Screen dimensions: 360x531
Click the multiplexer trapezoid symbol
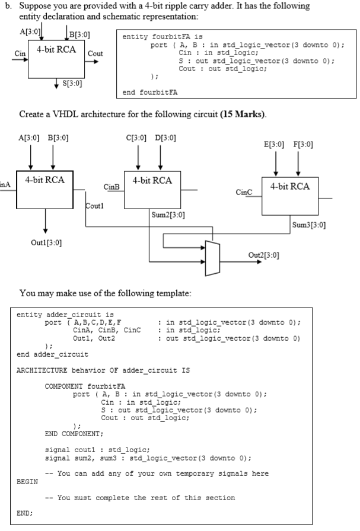(212, 258)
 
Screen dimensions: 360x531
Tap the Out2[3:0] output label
(264, 255)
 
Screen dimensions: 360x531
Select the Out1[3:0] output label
(46, 243)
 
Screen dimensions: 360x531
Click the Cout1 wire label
(94, 206)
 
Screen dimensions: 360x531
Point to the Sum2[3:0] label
(168, 215)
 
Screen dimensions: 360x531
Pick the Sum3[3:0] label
(309, 225)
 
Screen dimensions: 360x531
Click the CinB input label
(111, 187)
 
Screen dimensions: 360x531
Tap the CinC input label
(244, 193)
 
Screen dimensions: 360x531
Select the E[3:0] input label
(274, 144)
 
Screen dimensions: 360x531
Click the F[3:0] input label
(303, 144)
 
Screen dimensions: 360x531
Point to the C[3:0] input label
(136, 138)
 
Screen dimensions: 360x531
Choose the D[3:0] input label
(165, 138)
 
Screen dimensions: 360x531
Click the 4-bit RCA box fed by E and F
(290, 196)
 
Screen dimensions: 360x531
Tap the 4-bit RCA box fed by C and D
(152, 190)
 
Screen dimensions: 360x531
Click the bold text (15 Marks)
(243, 114)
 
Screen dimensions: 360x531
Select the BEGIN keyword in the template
(27, 482)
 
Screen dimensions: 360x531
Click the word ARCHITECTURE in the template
(42, 370)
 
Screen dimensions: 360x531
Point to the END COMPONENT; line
(74, 434)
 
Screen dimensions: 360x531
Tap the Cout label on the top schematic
(95, 53)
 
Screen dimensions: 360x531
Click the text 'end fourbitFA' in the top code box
(150, 92)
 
